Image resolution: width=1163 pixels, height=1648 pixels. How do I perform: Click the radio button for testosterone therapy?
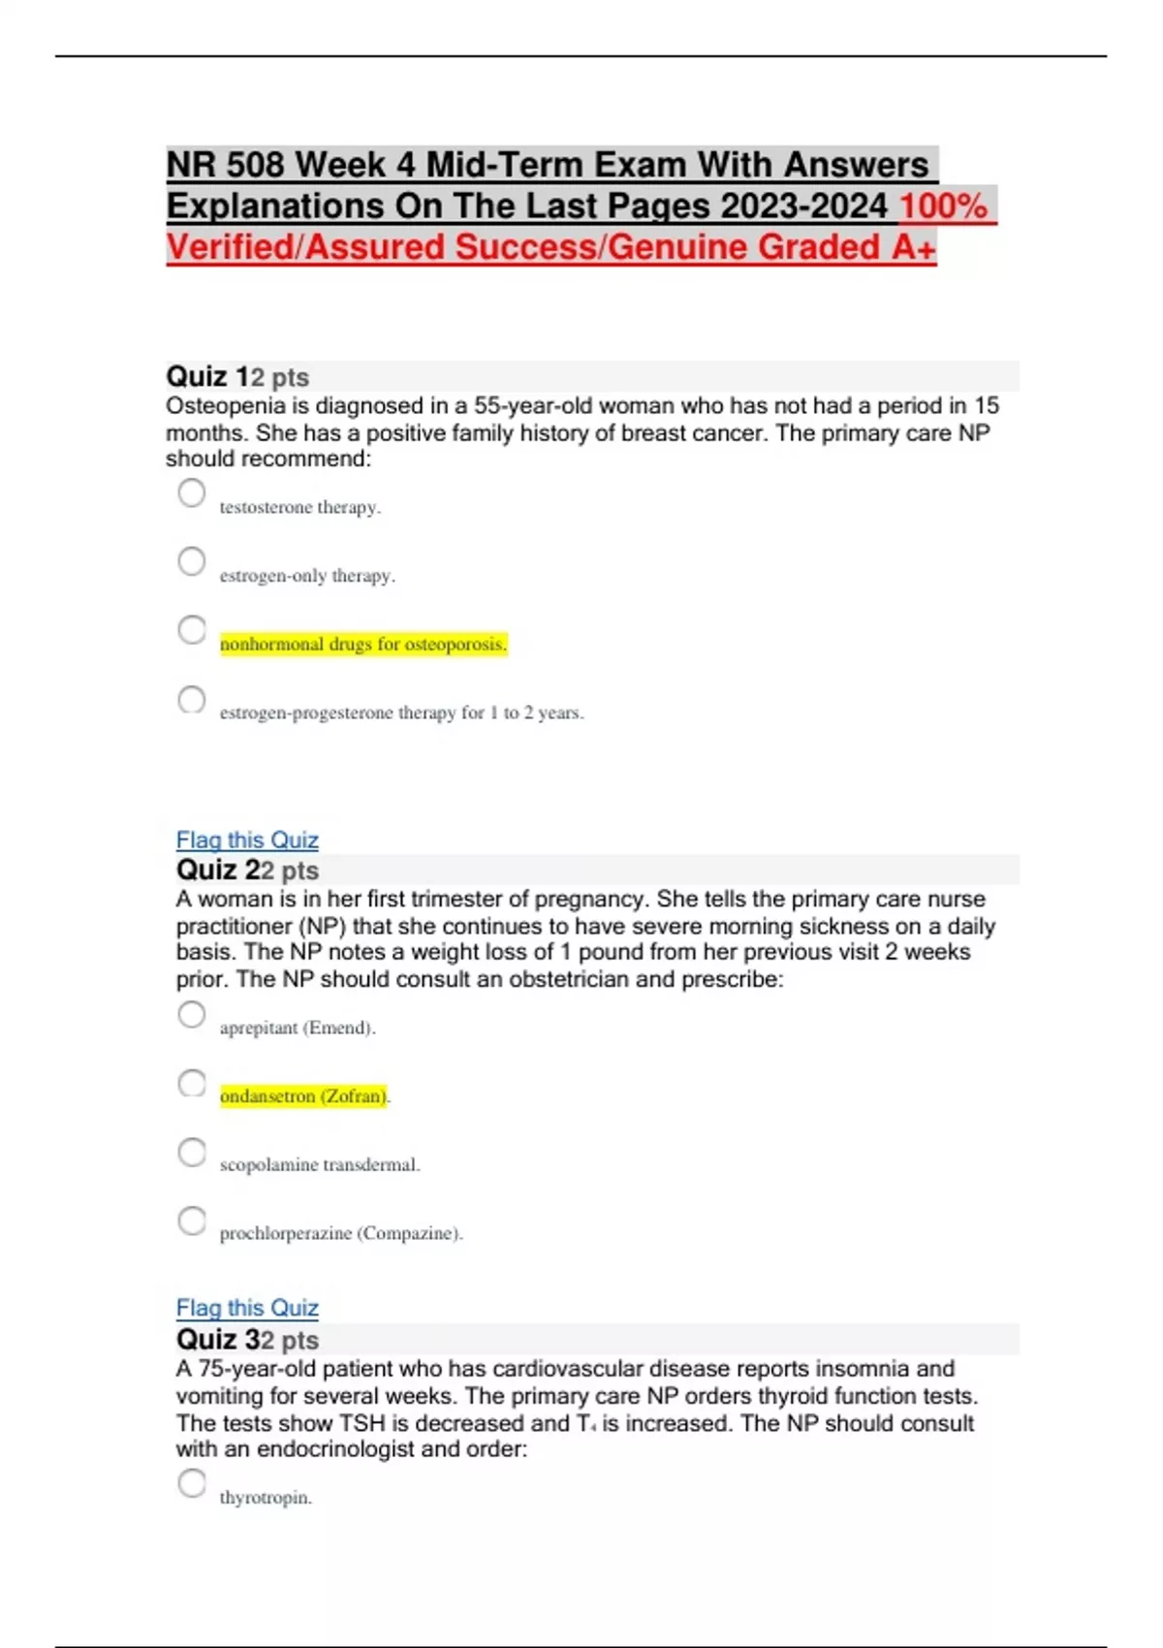point(192,493)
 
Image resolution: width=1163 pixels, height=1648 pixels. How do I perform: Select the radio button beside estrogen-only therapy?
point(192,561)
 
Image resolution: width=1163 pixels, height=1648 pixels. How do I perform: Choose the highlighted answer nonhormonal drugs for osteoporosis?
point(192,630)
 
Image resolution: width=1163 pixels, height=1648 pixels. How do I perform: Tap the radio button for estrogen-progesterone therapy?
point(192,699)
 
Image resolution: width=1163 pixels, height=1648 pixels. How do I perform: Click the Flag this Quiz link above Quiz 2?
point(247,840)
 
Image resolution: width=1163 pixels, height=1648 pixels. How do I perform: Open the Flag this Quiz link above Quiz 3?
point(247,1308)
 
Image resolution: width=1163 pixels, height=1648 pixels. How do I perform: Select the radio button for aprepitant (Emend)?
point(192,1015)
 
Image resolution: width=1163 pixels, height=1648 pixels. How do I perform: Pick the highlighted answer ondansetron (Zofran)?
point(192,1083)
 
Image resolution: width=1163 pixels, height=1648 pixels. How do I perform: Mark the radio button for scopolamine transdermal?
point(192,1152)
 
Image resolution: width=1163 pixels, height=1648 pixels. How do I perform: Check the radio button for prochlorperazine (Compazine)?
point(192,1220)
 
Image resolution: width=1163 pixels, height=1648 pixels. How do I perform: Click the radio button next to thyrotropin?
point(192,1483)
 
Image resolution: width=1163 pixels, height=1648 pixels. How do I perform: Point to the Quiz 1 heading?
point(209,376)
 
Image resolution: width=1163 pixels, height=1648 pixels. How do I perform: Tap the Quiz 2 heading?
point(219,870)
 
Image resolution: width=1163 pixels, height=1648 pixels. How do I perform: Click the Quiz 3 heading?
point(219,1340)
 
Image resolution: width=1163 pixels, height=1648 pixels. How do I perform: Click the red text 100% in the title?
point(943,206)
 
